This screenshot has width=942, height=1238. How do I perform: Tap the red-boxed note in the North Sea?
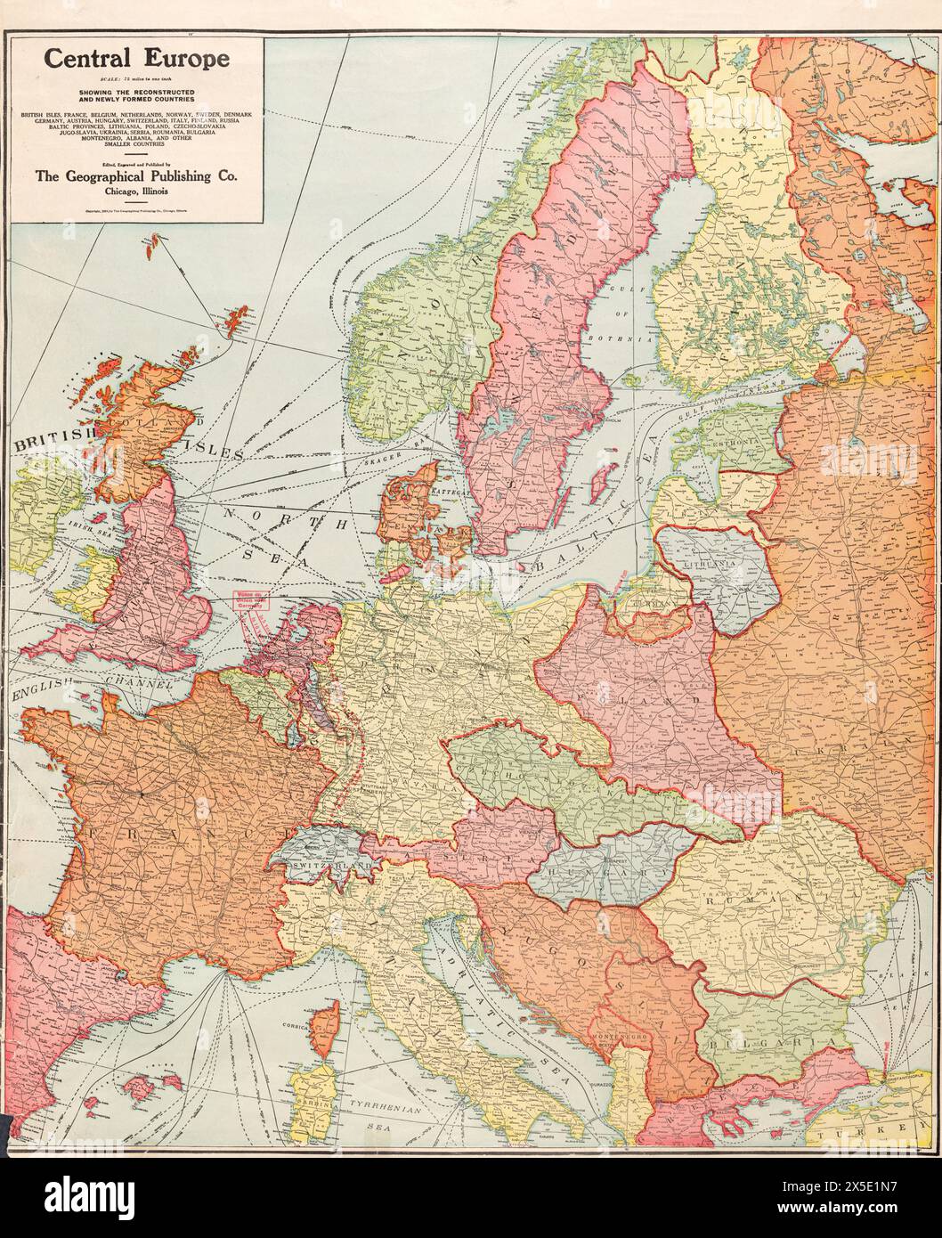click(251, 599)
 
